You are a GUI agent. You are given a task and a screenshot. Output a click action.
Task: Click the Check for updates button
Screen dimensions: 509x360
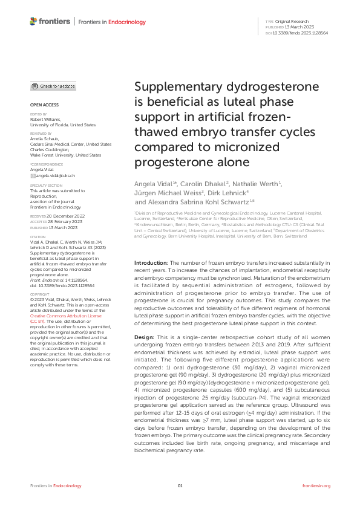53,86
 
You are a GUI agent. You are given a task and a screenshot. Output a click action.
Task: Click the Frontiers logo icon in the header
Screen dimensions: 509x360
34,22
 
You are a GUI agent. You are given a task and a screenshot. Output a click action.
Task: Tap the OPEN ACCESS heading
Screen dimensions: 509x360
42,105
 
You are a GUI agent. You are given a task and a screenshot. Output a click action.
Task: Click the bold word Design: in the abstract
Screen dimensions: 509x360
145,319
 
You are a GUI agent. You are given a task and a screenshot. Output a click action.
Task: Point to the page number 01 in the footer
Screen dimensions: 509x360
180,485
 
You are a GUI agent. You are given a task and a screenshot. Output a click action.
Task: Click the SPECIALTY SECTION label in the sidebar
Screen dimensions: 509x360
46,186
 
